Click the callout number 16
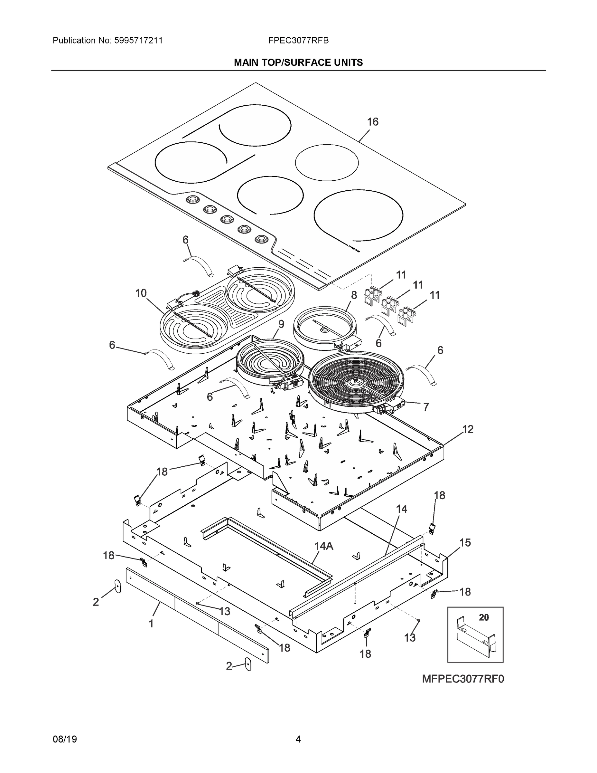[x=372, y=122]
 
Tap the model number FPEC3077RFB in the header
[x=298, y=41]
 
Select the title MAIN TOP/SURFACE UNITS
[x=298, y=63]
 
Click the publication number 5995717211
[x=138, y=41]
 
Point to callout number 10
[x=141, y=293]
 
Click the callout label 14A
[x=324, y=546]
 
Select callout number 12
[x=468, y=429]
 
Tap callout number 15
[x=465, y=543]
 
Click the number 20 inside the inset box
[x=483, y=618]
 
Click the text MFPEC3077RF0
[x=462, y=679]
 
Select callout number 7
[x=426, y=407]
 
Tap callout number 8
[x=354, y=295]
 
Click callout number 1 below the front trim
[x=151, y=624]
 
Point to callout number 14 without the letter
[x=401, y=509]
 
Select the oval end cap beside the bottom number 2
[x=248, y=665]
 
